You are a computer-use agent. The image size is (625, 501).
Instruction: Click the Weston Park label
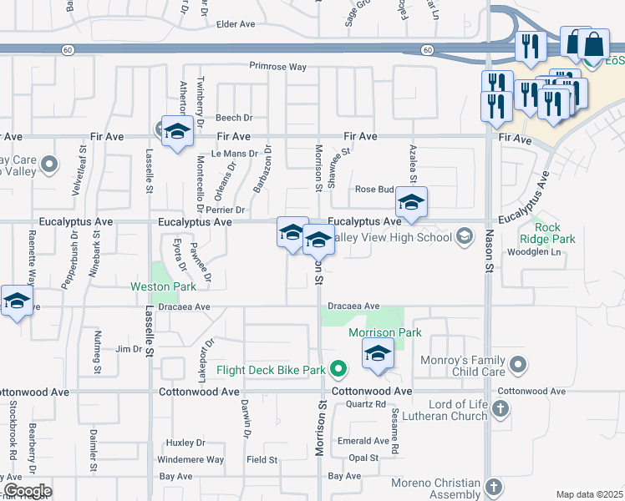pos(163,286)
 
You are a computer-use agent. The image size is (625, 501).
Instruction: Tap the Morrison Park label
pos(385,332)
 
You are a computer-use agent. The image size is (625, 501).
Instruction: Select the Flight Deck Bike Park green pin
pos(338,368)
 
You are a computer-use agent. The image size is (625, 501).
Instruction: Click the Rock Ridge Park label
pos(555,233)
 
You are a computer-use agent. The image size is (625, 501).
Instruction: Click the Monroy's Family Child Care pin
pos(519,364)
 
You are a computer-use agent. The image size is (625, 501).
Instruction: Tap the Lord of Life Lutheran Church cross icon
pos(501,408)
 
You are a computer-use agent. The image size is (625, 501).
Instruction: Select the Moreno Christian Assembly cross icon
pos(494,486)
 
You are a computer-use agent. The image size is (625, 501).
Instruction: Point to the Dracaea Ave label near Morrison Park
pos(353,306)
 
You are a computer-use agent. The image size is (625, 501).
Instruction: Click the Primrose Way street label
pos(277,66)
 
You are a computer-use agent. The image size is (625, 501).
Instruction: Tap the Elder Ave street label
pos(235,24)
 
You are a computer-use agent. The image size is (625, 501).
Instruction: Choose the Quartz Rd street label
pos(366,404)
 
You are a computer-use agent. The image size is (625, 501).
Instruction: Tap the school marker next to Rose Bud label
pos(411,203)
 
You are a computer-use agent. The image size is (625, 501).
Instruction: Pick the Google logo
pos(28,491)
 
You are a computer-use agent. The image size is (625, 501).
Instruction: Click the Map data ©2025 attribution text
pos(589,494)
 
